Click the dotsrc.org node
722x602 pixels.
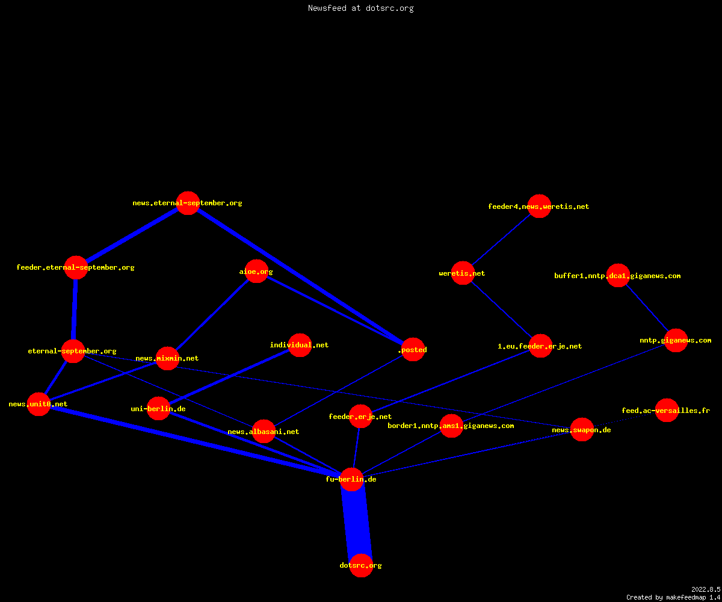tap(361, 565)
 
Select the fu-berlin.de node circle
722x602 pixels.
tap(351, 479)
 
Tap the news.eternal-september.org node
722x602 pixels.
tap(188, 203)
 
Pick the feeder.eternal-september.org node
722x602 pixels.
tap(76, 267)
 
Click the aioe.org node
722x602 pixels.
tap(256, 272)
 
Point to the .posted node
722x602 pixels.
tap(413, 349)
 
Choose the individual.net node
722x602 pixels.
tap(300, 345)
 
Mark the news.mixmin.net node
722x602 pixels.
tap(167, 358)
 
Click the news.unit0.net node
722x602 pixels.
tap(39, 404)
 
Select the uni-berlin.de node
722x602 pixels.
tap(158, 409)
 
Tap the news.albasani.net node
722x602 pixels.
tap(264, 432)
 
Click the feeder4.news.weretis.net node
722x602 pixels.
tap(539, 206)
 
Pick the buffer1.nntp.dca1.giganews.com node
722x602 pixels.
tap(618, 275)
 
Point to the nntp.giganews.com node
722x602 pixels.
tap(676, 341)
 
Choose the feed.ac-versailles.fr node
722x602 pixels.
tap(667, 411)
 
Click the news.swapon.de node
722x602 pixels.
tap(582, 430)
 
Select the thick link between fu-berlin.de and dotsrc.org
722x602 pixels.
tap(357, 523)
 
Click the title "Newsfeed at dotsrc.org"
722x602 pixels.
tap(360, 8)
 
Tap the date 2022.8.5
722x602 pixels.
tap(706, 589)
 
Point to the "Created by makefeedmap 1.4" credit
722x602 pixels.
tap(673, 597)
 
